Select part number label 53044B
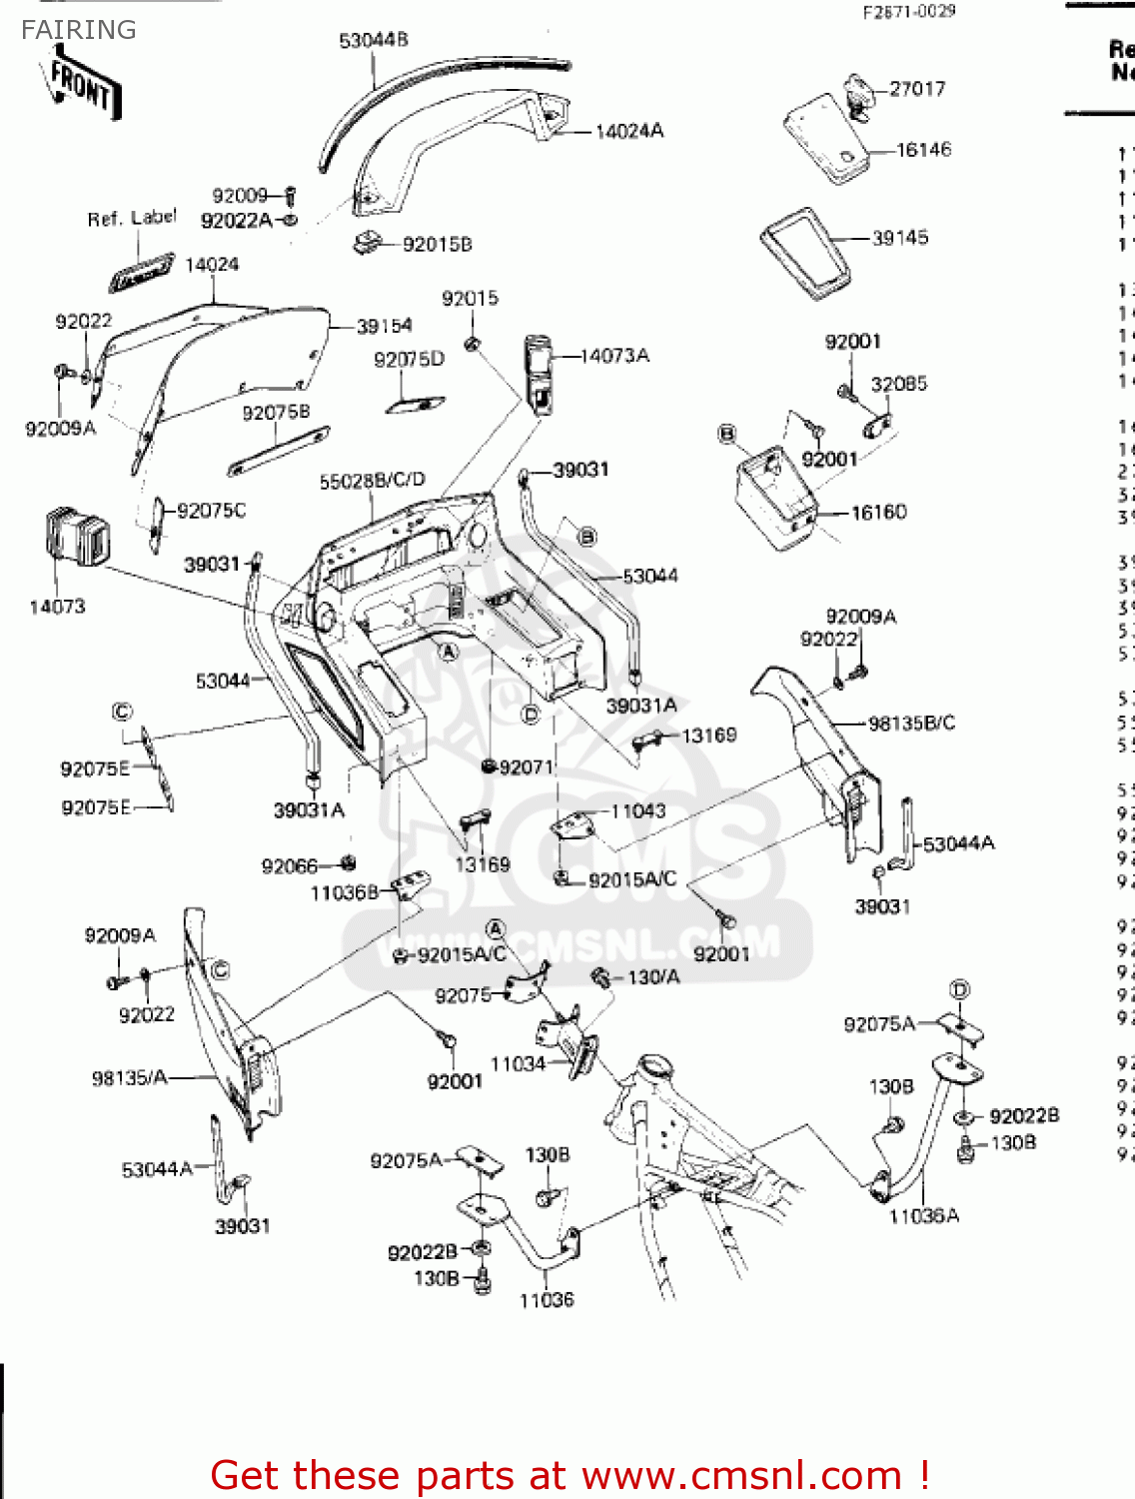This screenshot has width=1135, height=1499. point(374,41)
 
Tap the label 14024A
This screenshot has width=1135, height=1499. point(629,131)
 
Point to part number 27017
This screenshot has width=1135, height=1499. point(917,89)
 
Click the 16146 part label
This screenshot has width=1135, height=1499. point(924,150)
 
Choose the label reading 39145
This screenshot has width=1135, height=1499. point(900,238)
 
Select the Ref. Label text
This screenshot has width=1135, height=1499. point(132,218)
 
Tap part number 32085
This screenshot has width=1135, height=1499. point(899,384)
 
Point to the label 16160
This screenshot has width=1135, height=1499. point(879,513)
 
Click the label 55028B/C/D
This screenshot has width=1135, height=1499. point(372,482)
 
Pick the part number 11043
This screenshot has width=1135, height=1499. point(638,810)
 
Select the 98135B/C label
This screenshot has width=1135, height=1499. point(911,723)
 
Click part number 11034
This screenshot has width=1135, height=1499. point(518,1064)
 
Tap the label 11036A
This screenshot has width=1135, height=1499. point(924,1216)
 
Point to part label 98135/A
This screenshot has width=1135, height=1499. point(130,1078)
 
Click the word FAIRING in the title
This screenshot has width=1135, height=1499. point(79,30)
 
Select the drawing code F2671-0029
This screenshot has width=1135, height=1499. point(909,11)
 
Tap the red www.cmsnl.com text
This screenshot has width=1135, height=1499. point(741,1476)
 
